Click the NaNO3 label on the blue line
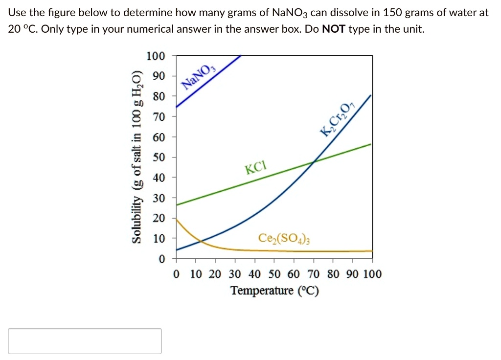pos(199,77)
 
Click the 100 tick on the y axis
pos(156,56)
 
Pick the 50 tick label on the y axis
pos(159,157)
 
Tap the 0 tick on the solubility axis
pos(162,258)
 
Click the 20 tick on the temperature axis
pos(215,274)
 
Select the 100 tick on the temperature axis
pos(372,274)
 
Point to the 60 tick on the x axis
pos(294,274)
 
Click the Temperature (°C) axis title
pos(274,291)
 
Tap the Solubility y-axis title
pos(138,157)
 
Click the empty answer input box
pos(85,341)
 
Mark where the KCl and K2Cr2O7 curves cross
pos(314,161)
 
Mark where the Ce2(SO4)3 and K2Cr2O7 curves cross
pos(201,242)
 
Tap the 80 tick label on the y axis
pos(159,96)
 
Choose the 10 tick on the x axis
pos(196,274)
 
